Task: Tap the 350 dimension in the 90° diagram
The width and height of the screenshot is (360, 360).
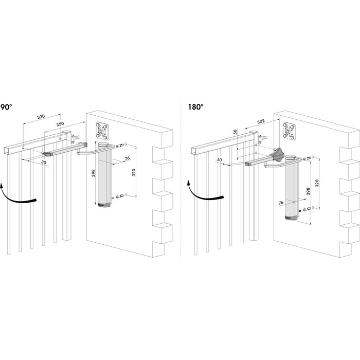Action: pyautogui.click(x=60, y=124)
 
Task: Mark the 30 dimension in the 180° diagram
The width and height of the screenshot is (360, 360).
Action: pyautogui.click(x=219, y=160)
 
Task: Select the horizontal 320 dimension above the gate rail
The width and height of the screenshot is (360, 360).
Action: pyautogui.click(x=40, y=117)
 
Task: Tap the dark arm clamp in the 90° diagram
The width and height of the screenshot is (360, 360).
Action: pyautogui.click(x=48, y=153)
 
